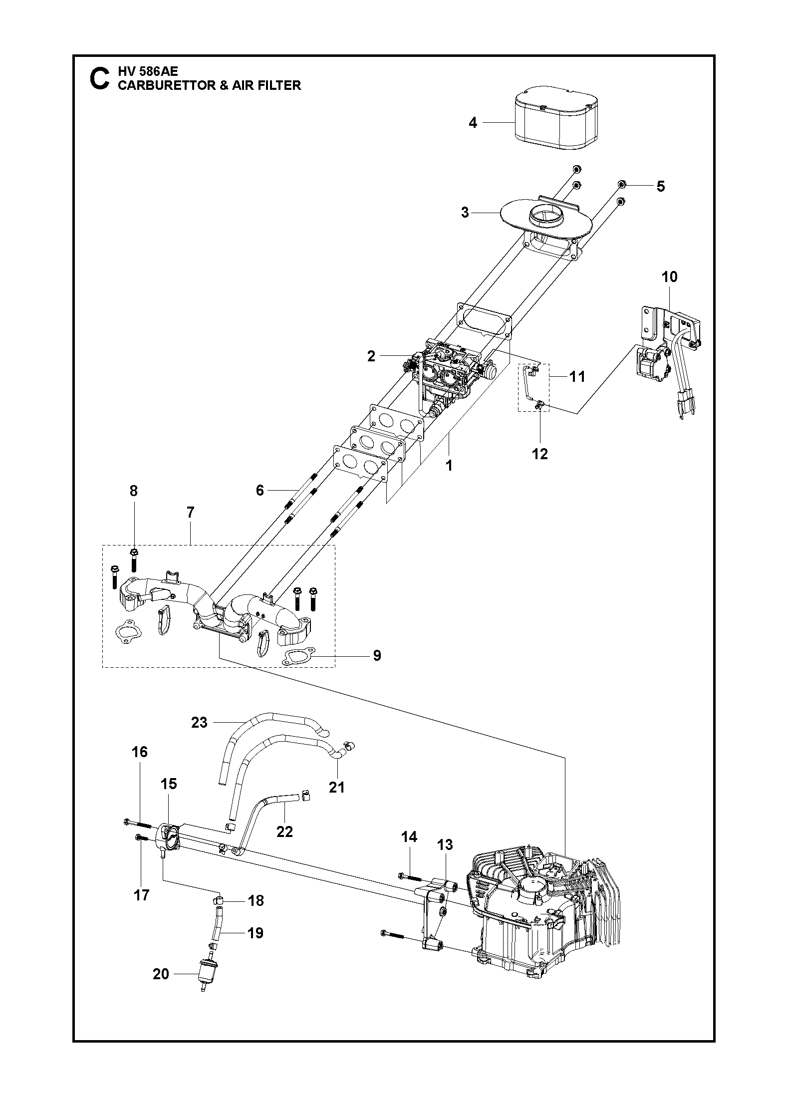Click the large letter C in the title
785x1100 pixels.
[99, 79]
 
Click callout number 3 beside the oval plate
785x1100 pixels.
[465, 213]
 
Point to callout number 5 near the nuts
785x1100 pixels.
[660, 186]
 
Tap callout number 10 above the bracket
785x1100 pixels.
[670, 276]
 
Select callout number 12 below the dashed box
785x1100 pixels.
[540, 454]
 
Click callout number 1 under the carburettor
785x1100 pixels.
[449, 465]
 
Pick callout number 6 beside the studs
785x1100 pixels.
[260, 490]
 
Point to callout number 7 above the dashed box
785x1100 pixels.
[191, 513]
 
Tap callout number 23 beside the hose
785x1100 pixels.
[200, 722]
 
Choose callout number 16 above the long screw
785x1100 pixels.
[140, 766]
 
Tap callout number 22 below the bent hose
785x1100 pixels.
[284, 831]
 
